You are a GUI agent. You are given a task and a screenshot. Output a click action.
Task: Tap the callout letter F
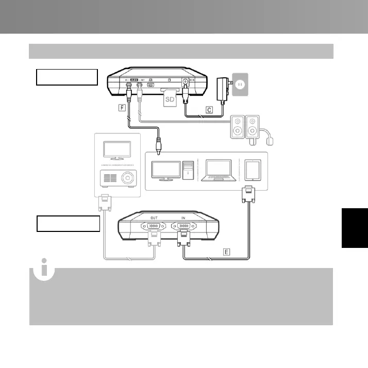pos(122,109)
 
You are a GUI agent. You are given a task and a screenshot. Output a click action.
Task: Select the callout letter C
pos(209,109)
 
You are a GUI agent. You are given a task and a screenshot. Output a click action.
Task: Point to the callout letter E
pos(227,252)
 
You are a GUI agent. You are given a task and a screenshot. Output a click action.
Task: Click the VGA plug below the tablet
pos(248,195)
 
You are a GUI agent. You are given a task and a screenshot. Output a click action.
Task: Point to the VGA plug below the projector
pos(105,203)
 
